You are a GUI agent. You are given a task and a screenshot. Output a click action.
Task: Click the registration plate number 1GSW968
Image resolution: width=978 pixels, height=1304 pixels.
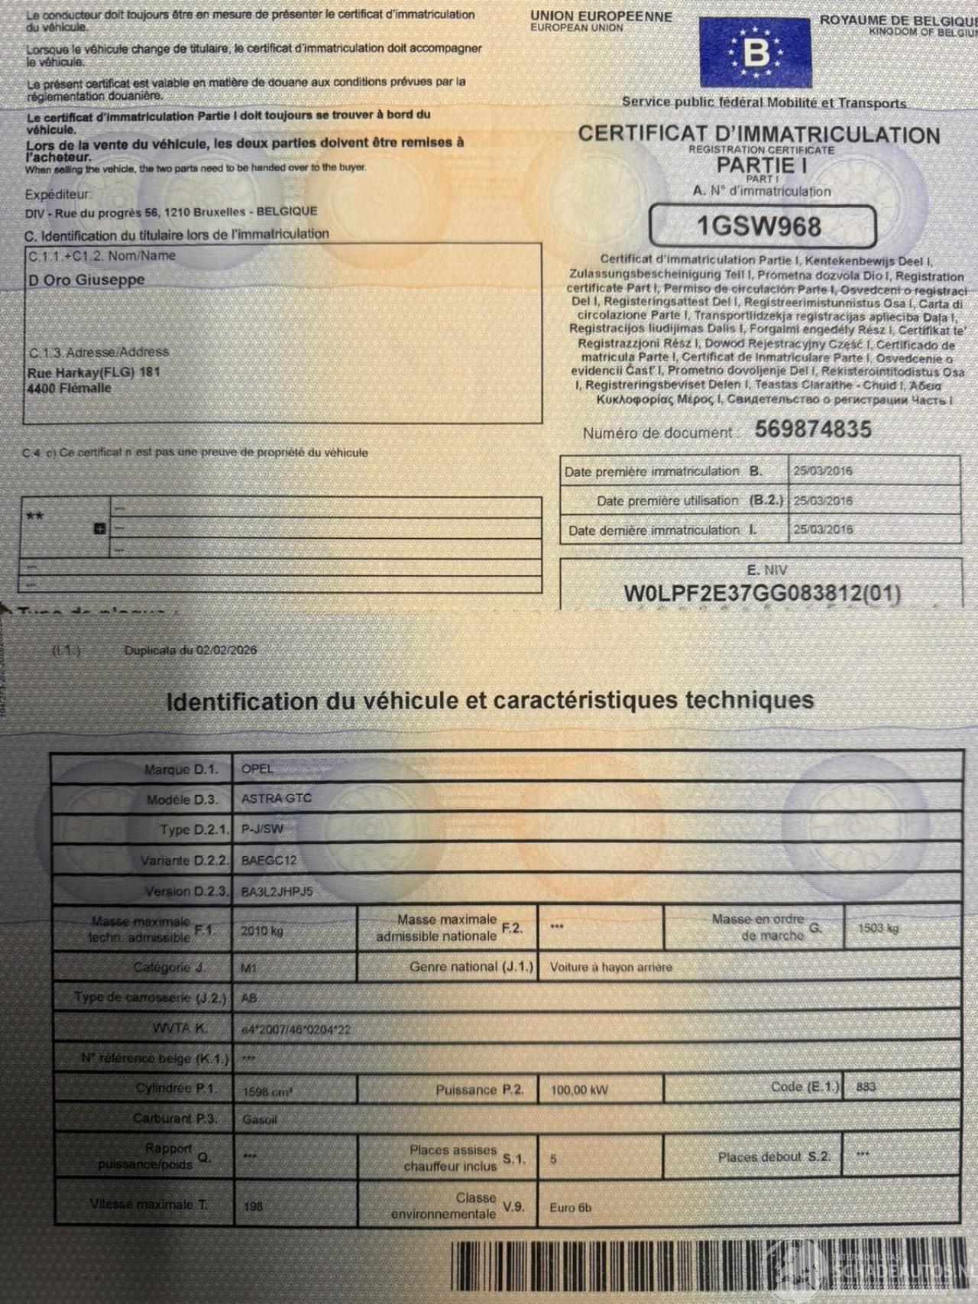[x=759, y=226]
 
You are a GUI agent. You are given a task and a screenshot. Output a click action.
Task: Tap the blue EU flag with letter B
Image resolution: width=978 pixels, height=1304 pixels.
[x=755, y=53]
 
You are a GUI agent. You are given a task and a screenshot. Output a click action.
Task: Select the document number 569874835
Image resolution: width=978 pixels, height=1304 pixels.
[x=813, y=430]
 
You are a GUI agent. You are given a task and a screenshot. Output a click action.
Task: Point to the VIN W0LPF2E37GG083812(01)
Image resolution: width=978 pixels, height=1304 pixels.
[x=762, y=593]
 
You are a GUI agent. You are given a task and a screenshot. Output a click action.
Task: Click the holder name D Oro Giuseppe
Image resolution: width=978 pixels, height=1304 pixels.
[x=86, y=281]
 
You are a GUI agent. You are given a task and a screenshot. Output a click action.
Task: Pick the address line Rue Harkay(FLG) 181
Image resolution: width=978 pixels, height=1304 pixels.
[x=93, y=373]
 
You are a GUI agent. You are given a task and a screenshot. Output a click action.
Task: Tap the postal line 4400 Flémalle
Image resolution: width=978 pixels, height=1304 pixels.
[x=70, y=388]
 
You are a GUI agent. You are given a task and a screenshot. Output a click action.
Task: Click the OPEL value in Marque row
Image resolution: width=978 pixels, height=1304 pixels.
[x=257, y=769]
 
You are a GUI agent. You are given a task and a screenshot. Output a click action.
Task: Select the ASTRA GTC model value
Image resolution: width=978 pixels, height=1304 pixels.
[x=276, y=799]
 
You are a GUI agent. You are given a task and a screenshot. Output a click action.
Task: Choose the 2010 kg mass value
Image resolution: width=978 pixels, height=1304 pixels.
[x=262, y=931]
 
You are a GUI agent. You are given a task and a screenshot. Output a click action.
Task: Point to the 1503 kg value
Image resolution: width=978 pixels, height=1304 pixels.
[x=878, y=928]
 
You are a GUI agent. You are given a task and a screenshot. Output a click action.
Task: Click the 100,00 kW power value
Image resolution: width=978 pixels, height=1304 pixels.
[x=579, y=1090]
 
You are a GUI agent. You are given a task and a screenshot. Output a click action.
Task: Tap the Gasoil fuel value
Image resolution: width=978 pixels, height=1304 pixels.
[x=260, y=1120]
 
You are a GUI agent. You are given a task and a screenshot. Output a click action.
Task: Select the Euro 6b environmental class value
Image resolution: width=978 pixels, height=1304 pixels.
[x=570, y=1208]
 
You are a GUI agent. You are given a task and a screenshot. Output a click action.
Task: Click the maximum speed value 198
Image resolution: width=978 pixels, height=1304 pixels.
[x=253, y=1206]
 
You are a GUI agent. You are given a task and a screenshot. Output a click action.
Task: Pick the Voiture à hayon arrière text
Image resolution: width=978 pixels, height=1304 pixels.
[x=611, y=967]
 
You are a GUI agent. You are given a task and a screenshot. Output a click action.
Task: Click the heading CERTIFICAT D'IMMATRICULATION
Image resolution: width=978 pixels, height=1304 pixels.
[x=759, y=135]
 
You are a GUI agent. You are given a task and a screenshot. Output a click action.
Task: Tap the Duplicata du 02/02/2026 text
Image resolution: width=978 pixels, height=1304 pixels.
[x=190, y=650]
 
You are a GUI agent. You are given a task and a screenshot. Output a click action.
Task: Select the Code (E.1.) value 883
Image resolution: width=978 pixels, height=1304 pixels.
[x=866, y=1087]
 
